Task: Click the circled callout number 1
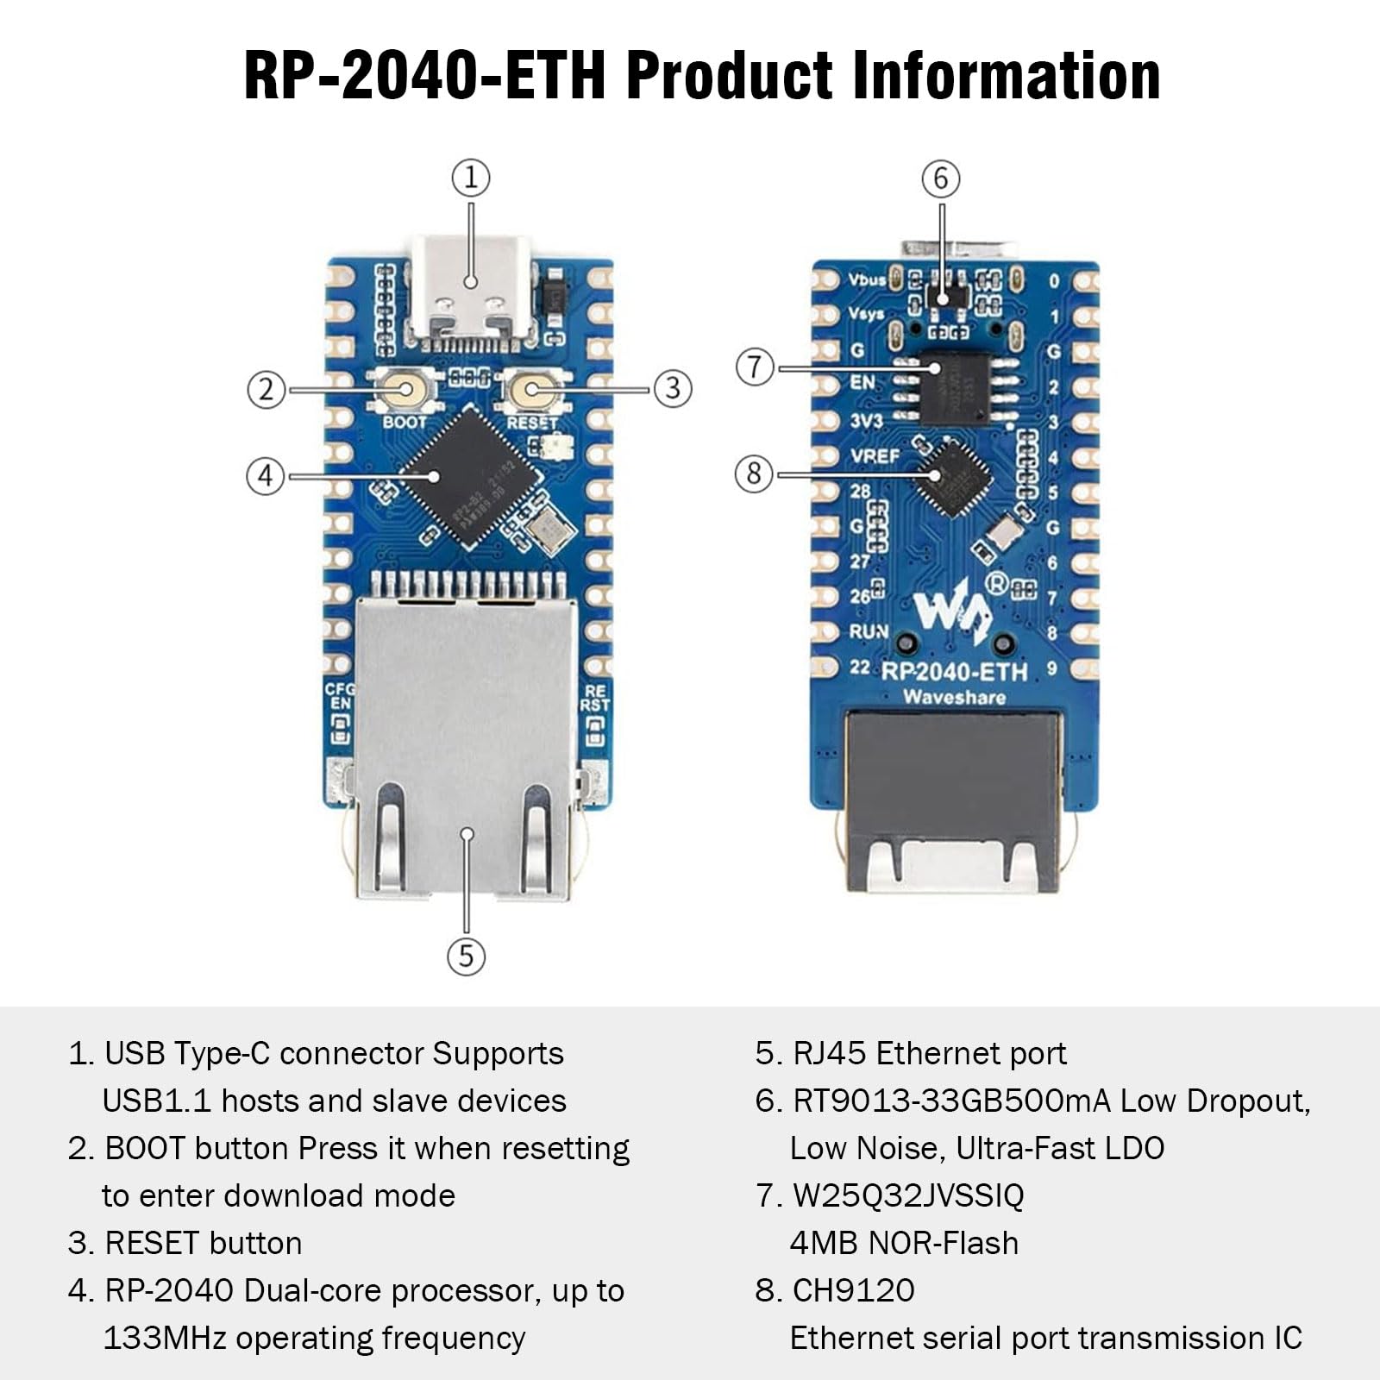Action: [x=471, y=178]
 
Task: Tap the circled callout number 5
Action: [x=467, y=956]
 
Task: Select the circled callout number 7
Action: [x=755, y=367]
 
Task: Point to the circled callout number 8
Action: [x=754, y=474]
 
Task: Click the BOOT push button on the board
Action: [x=405, y=390]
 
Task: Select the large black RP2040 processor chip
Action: [x=467, y=477]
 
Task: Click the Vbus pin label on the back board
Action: [x=867, y=279]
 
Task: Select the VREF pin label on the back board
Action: [x=875, y=455]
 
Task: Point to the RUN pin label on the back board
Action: [x=869, y=631]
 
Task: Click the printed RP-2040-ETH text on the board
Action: [x=955, y=672]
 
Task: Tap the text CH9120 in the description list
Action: [x=853, y=1290]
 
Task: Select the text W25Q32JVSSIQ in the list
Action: [x=908, y=1195]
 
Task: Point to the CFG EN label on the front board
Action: [x=339, y=697]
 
